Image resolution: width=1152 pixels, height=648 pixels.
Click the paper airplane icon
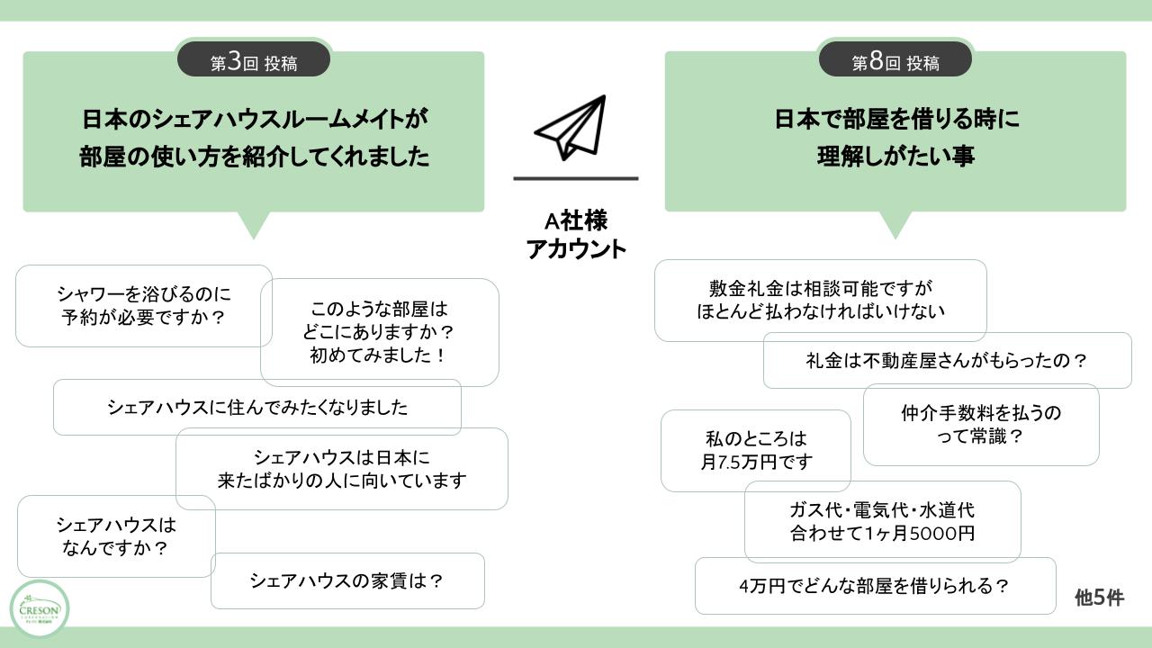pyautogui.click(x=571, y=127)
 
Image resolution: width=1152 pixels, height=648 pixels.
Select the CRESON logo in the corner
pyautogui.click(x=39, y=609)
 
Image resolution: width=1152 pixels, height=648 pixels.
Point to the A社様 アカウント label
pyautogui.click(x=576, y=235)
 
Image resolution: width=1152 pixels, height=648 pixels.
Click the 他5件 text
pyautogui.click(x=1099, y=598)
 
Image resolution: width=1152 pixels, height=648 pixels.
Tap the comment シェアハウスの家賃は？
pyautogui.click(x=347, y=580)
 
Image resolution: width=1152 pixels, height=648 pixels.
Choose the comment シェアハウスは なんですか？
pyautogui.click(x=116, y=535)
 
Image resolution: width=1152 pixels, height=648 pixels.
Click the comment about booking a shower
pyautogui.click(x=143, y=305)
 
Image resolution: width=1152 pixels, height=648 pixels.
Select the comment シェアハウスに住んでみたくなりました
pyautogui.click(x=256, y=407)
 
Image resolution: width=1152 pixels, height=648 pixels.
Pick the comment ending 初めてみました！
pyautogui.click(x=379, y=332)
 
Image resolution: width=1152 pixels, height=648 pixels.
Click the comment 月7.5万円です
pyautogui.click(x=755, y=450)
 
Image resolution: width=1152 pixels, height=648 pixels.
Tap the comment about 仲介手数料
pyautogui.click(x=980, y=425)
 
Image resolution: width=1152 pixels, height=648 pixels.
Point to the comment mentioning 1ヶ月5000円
pyautogui.click(x=882, y=521)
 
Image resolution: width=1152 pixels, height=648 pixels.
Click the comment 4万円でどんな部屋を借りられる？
pyautogui.click(x=875, y=586)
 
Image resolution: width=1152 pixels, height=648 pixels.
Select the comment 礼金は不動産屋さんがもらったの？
pyautogui.click(x=947, y=360)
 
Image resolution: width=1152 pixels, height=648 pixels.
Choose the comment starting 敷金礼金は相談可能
pyautogui.click(x=820, y=300)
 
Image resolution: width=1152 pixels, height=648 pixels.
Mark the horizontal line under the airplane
pyautogui.click(x=576, y=178)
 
